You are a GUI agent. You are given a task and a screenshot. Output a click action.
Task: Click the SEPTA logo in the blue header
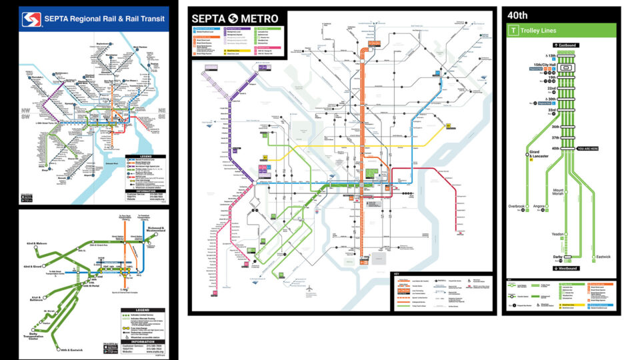point(31,19)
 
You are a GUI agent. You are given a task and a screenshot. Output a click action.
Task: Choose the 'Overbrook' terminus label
point(518,207)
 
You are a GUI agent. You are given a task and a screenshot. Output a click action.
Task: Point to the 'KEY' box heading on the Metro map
point(396,274)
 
